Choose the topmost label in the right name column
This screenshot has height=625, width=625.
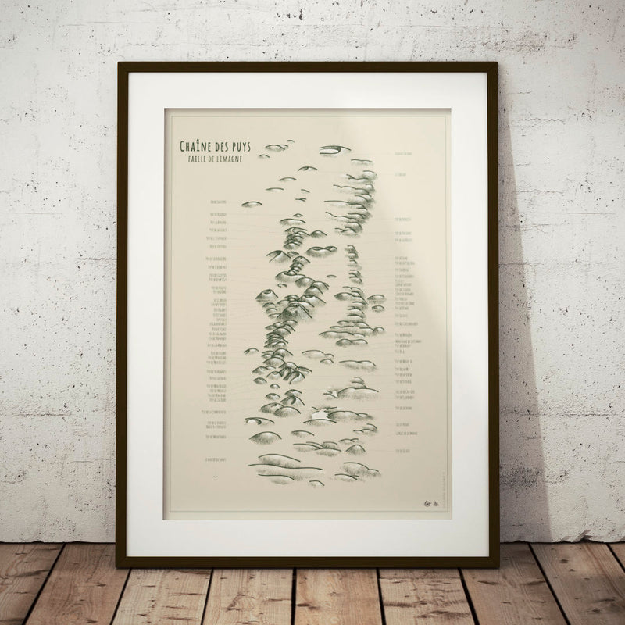coord(403,153)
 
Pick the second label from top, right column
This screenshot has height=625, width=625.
coord(402,175)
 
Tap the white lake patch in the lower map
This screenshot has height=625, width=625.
coord(320,411)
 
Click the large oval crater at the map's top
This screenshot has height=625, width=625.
coord(334,149)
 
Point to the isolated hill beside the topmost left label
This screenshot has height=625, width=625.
coord(251,204)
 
